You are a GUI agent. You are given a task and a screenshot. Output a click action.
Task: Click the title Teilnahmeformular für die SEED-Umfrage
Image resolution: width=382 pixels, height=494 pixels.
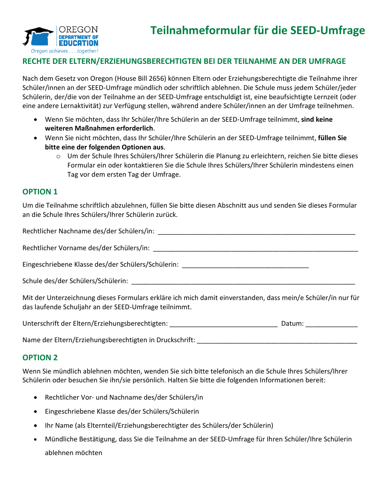point(257,31)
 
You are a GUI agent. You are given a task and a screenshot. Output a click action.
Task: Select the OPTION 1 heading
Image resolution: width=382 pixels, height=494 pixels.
point(40,192)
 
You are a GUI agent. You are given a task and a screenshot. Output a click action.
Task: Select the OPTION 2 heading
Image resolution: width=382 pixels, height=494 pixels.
point(40,357)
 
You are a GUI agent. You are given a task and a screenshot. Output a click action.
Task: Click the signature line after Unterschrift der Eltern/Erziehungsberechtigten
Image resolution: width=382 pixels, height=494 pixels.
point(224,324)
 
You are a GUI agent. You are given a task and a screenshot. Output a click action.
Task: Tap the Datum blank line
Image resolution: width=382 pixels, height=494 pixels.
point(331,324)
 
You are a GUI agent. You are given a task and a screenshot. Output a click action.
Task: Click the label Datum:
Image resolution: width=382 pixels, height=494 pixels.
point(292,323)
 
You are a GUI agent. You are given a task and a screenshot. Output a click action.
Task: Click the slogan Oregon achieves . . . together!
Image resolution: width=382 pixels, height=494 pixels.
point(64,51)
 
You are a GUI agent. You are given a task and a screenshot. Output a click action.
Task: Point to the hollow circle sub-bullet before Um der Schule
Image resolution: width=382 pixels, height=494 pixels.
point(58,156)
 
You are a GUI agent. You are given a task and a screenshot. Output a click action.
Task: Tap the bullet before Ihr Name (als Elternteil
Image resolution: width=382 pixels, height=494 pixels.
point(37,425)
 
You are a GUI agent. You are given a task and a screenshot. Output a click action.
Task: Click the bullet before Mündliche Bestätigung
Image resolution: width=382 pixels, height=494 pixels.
point(37,439)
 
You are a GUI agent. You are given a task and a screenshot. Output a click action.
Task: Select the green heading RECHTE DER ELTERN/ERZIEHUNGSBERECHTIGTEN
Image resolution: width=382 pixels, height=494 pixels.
point(184,61)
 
